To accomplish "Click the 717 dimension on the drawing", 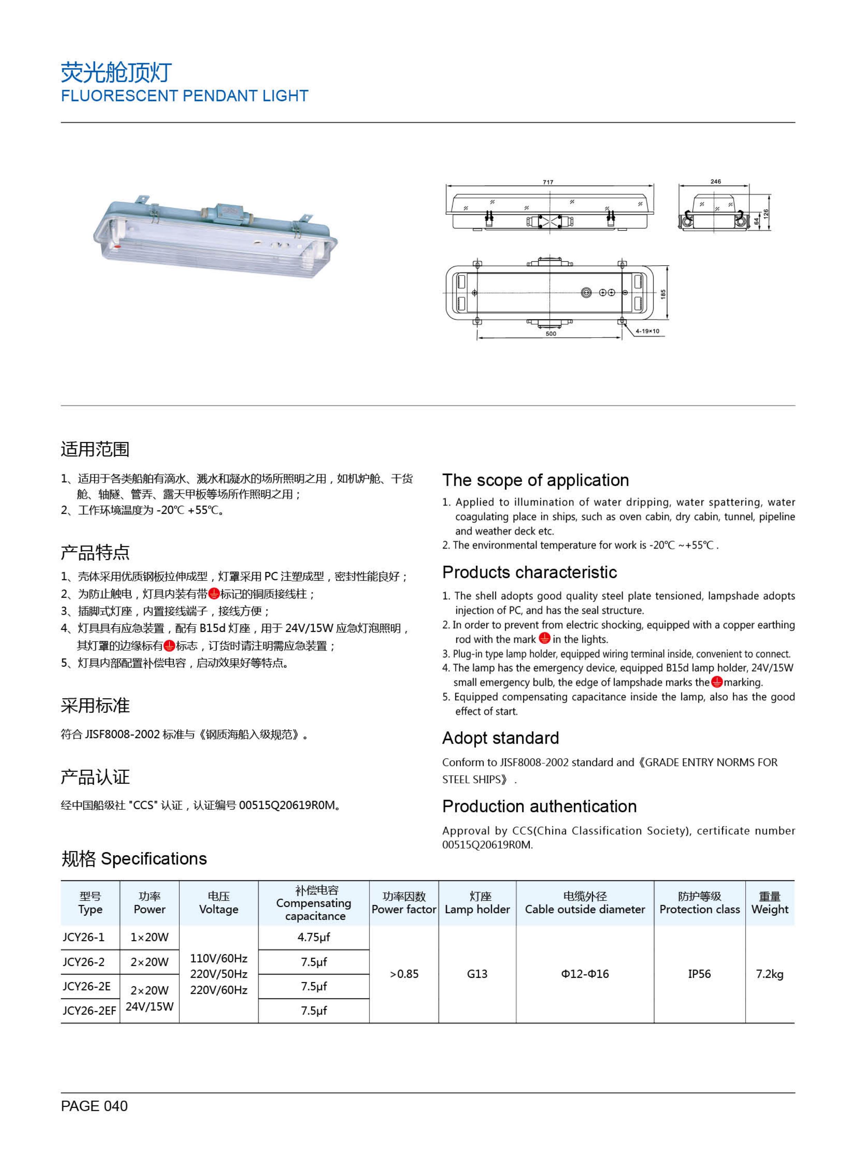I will point(548,183).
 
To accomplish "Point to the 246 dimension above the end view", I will point(715,182).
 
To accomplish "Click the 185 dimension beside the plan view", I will point(663,293).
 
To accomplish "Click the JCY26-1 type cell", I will point(84,937).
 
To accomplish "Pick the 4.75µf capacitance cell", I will point(313,937).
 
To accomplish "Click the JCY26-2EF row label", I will point(89,1010).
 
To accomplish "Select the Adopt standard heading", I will point(500,738).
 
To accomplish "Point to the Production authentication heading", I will point(539,806).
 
